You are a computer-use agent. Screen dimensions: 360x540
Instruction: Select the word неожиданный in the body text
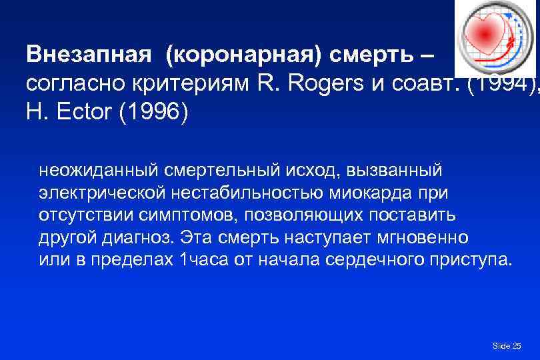pyautogui.click(x=91, y=171)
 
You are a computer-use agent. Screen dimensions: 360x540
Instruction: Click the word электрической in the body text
pyautogui.click(x=101, y=193)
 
